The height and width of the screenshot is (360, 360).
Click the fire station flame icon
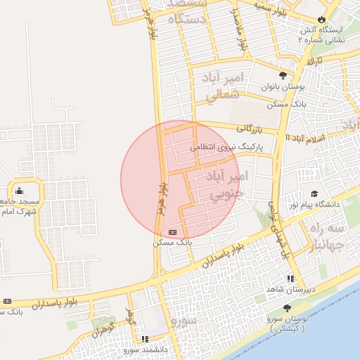(322, 20)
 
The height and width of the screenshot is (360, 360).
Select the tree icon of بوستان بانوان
(283, 75)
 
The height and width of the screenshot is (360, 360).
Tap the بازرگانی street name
(249, 129)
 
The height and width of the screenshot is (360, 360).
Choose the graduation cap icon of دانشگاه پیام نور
(314, 193)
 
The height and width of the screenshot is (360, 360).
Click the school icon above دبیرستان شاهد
(290, 278)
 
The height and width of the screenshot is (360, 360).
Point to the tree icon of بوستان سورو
(286, 309)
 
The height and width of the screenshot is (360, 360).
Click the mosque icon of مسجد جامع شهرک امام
(18, 191)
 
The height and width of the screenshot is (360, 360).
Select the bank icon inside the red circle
(173, 232)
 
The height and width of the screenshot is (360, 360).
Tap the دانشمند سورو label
(144, 349)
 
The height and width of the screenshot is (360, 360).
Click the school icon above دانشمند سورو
(146, 339)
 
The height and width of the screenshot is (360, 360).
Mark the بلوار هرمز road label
(163, 197)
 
